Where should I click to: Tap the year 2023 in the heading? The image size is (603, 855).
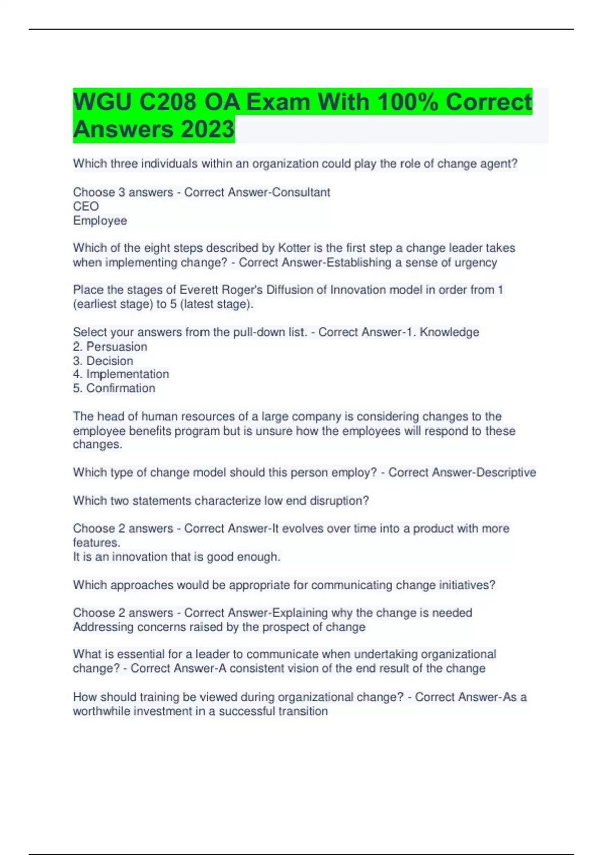click(x=208, y=129)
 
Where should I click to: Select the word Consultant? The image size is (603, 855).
click(x=300, y=192)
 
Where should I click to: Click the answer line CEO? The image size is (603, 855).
click(x=86, y=206)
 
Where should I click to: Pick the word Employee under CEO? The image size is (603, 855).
click(x=100, y=221)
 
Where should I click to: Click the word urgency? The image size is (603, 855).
click(x=475, y=262)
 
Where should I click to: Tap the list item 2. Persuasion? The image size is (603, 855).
click(x=110, y=347)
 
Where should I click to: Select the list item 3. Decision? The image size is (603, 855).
click(x=103, y=361)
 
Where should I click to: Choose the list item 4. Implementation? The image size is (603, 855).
click(x=121, y=374)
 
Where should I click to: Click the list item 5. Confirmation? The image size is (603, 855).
click(x=114, y=388)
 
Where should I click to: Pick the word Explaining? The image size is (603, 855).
click(x=299, y=613)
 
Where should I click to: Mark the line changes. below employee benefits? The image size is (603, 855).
click(x=97, y=445)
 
